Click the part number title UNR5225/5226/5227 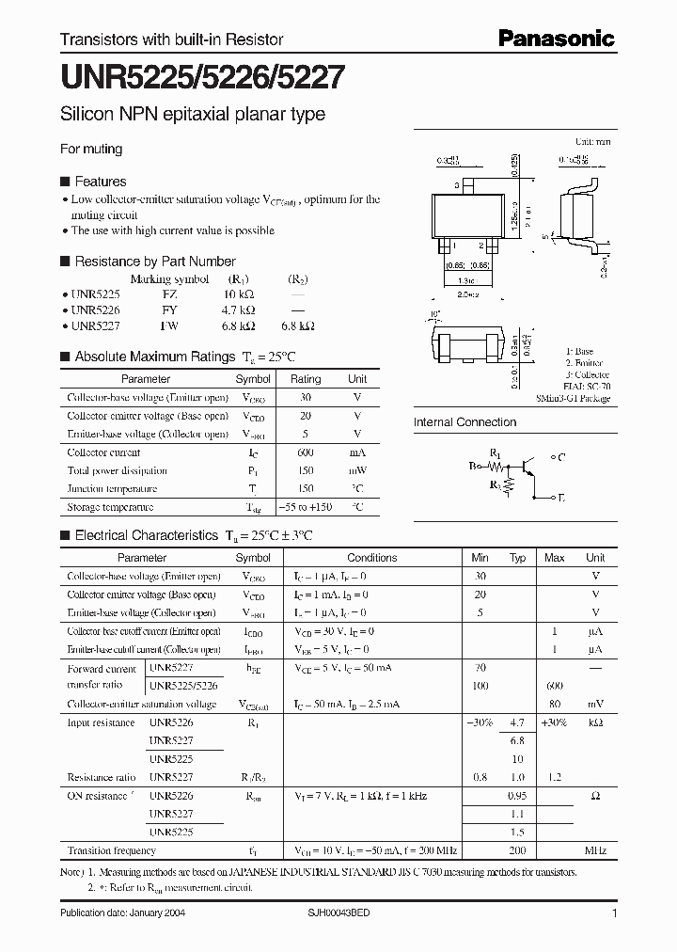tap(201, 79)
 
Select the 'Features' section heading tap(100, 182)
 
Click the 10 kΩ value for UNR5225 tap(243, 294)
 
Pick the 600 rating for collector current tap(305, 452)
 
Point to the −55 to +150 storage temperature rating tap(305, 507)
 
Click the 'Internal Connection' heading tap(464, 422)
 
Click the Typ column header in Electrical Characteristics tap(517, 558)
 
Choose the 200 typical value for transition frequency tap(517, 850)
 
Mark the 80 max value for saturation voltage tap(555, 704)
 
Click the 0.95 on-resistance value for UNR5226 tap(517, 796)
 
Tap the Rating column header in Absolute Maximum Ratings tap(305, 379)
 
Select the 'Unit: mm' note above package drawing tap(592, 141)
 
